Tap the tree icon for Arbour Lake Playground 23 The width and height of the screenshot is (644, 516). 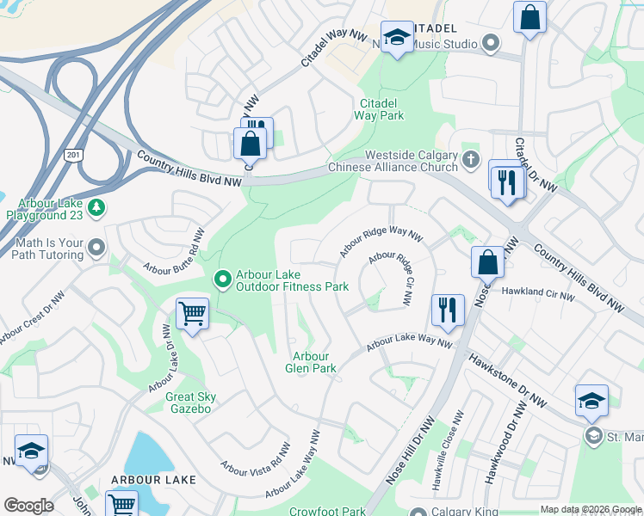tap(97, 207)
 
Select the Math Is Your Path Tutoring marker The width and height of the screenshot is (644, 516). tap(96, 249)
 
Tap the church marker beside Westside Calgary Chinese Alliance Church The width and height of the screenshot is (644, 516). tap(470, 159)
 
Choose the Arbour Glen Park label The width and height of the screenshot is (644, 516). tap(311, 362)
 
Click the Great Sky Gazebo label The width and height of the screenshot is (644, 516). tap(190, 402)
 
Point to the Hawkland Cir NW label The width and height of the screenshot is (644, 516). tap(537, 293)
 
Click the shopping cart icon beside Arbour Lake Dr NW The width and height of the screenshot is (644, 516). tap(192, 313)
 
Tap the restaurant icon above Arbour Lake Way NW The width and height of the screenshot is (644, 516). tap(447, 309)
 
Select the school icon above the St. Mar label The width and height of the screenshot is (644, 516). tap(591, 400)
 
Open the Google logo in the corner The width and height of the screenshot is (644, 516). tap(28, 506)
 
